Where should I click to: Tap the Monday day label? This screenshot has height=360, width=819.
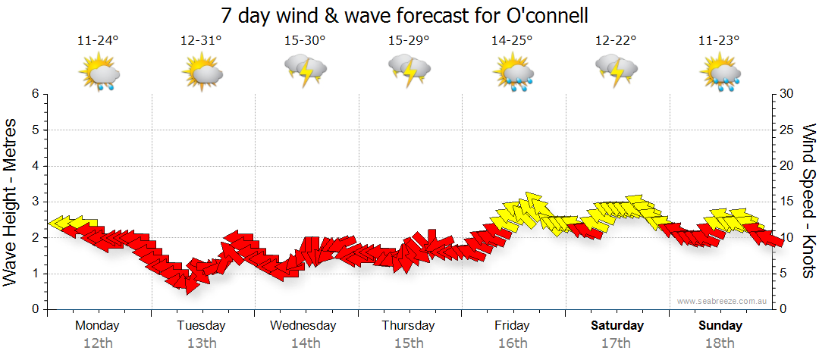97,326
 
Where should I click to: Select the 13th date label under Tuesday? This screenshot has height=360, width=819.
201,343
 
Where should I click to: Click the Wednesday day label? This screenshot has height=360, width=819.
303,326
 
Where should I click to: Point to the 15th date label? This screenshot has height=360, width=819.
408,343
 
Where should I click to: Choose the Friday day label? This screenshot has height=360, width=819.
512,326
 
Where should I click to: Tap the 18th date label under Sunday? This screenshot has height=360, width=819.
720,343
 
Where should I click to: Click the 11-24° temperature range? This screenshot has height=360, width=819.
98,41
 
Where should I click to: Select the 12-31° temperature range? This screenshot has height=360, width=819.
201,41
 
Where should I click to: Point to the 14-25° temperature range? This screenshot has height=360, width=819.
512,41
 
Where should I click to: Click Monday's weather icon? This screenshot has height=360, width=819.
99,72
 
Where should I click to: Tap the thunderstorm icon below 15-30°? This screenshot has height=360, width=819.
305,70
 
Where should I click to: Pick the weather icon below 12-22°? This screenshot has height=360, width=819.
616,70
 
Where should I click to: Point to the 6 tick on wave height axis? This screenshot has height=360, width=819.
35,94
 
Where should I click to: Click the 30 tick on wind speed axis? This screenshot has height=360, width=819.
786,94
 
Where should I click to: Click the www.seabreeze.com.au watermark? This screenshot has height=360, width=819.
723,301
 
